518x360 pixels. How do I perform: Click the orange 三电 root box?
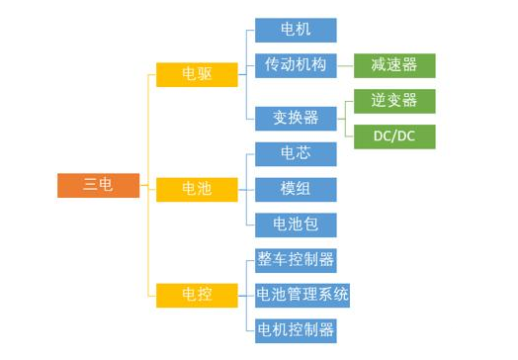(x=98, y=185)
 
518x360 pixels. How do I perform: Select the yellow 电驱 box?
(x=197, y=74)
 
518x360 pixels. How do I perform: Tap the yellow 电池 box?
(x=197, y=189)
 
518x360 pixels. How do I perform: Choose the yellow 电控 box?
(x=197, y=294)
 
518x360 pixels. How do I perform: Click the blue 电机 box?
(x=296, y=30)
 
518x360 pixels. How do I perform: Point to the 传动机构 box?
(x=296, y=65)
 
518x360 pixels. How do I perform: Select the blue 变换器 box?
(x=296, y=118)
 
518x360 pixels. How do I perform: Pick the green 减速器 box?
(x=394, y=65)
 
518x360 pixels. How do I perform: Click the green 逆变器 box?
(x=394, y=101)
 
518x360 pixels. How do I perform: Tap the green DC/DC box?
(x=394, y=136)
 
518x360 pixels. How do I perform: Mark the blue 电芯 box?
(x=296, y=153)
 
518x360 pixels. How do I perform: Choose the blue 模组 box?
(x=296, y=189)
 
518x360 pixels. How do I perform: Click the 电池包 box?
(x=296, y=225)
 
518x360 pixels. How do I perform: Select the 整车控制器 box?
(x=296, y=260)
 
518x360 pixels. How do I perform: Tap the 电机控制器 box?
(x=296, y=329)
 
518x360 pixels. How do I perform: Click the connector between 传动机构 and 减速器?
(x=345, y=66)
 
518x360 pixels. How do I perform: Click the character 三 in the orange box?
(x=90, y=185)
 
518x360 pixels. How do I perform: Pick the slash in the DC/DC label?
(x=394, y=136)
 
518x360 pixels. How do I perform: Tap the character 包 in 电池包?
(x=310, y=225)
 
